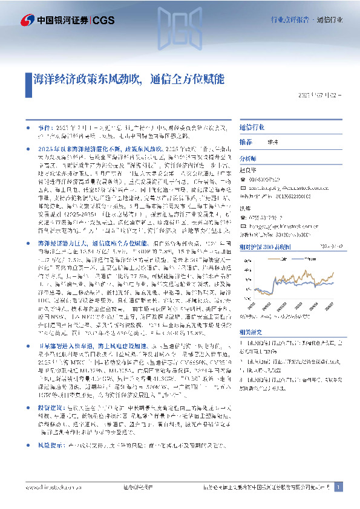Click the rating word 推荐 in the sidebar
tap(246, 141)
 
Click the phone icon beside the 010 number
tap(242, 178)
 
